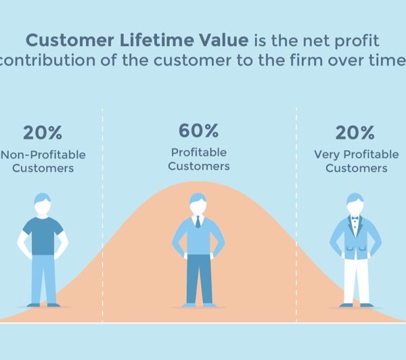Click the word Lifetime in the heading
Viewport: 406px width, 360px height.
click(157, 40)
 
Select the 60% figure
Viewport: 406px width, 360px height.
click(198, 131)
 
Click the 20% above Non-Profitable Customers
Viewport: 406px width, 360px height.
click(43, 133)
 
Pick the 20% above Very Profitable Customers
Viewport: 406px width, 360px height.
click(355, 133)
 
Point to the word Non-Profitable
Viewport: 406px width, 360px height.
click(43, 155)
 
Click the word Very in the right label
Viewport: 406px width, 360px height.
click(327, 155)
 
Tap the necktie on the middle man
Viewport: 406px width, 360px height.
click(198, 221)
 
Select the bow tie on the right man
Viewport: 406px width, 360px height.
click(355, 219)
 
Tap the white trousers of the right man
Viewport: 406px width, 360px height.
click(357, 281)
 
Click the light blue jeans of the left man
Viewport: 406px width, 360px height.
click(43, 279)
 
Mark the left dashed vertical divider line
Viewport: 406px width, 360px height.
click(102, 215)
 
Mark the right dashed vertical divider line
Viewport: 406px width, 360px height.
click(296, 215)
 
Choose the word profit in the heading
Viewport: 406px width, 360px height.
click(357, 41)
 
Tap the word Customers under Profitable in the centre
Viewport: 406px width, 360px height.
click(199, 166)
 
